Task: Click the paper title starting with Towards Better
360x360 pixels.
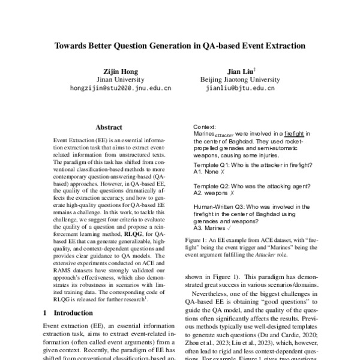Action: point(180,45)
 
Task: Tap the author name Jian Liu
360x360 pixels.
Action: point(239,71)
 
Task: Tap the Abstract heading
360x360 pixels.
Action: point(109,127)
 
